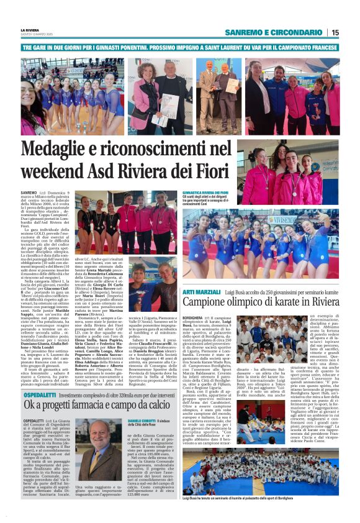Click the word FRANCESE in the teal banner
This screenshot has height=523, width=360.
[318, 48]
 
